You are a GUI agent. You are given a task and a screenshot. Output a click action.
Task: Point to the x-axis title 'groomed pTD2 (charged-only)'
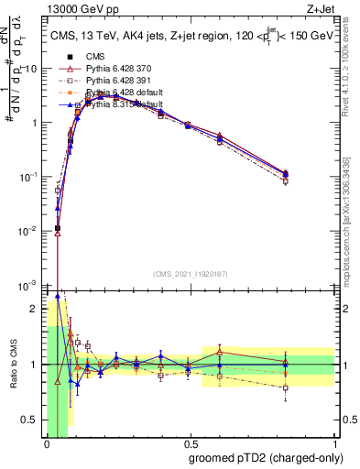[266, 457]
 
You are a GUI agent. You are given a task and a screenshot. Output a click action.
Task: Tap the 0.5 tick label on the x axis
[190, 444]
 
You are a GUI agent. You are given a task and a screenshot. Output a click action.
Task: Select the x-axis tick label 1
[333, 444]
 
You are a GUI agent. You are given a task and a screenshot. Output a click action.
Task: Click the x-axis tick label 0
[47, 444]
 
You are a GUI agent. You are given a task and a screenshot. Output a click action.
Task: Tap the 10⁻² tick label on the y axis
[30, 231]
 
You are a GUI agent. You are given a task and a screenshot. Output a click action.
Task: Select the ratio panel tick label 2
[35, 310]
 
